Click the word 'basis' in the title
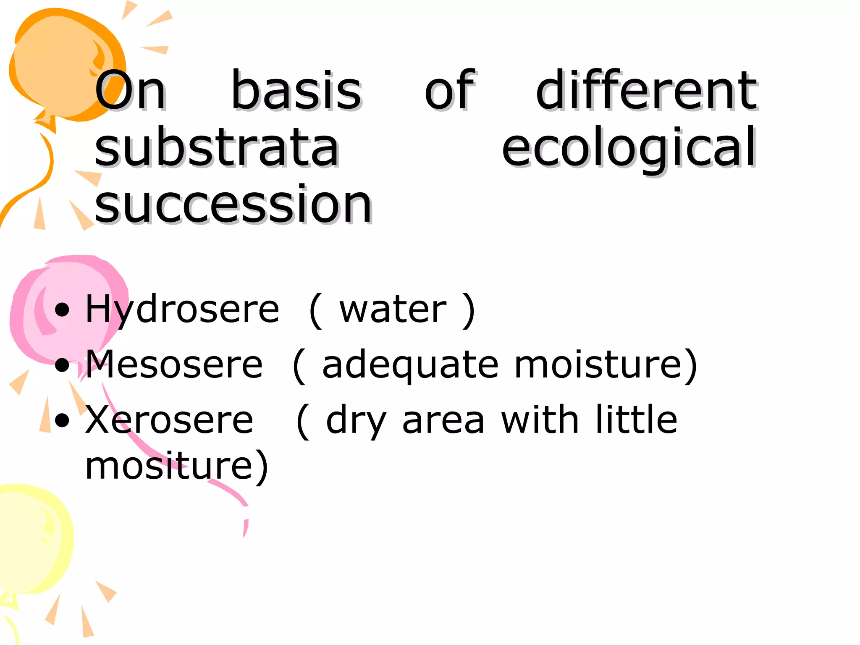tap(296, 90)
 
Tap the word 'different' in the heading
tap(647, 90)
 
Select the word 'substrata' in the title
tap(217, 147)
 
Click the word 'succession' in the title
tap(233, 205)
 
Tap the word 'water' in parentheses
tap(393, 310)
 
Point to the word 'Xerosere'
tap(169, 420)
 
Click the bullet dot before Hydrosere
tap(62, 310)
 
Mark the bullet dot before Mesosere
tap(62, 364)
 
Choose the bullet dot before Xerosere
tap(62, 420)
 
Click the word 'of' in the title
tap(449, 90)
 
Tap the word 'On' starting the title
tap(130, 90)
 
